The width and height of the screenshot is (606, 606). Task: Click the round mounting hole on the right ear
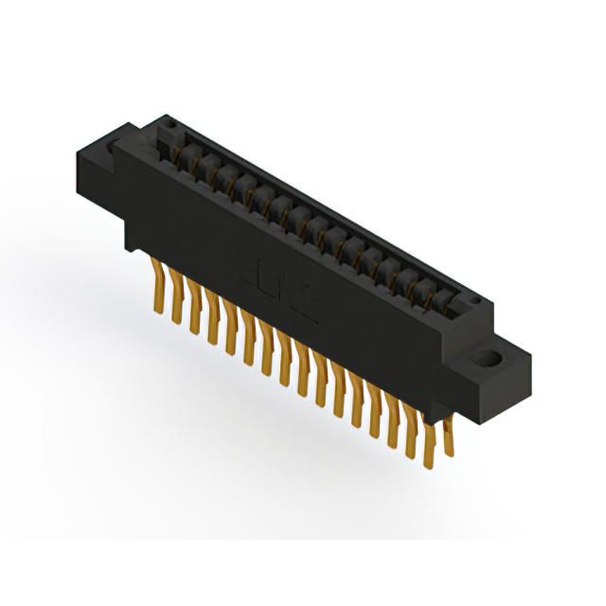(489, 361)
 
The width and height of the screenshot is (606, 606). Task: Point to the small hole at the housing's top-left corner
(170, 125)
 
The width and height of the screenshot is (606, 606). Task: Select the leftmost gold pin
(158, 290)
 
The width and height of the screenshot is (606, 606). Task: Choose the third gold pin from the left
(194, 310)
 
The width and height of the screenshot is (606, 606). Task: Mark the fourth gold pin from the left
(212, 319)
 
